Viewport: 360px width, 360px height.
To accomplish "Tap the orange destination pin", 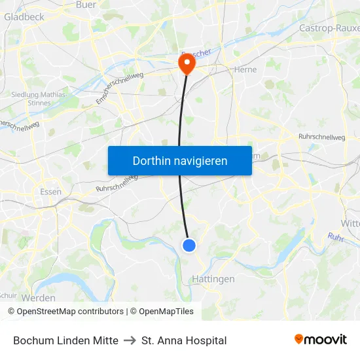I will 187,63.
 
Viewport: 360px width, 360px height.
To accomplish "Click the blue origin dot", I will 189,245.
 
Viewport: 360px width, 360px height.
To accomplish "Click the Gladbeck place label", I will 24,17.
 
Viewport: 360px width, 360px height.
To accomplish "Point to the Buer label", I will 86,5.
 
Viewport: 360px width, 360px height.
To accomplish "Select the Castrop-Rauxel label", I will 329,28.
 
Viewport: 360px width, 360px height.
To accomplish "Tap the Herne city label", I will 245,69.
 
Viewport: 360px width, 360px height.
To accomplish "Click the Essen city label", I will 50,192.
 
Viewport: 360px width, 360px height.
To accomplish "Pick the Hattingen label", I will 213,279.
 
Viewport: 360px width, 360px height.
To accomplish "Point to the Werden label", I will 39,298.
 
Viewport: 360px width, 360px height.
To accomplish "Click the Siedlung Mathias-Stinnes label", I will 39,98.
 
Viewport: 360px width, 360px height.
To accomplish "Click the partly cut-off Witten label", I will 350,223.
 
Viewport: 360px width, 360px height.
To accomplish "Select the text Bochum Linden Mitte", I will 65,340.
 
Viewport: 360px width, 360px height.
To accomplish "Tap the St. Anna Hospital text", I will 184,340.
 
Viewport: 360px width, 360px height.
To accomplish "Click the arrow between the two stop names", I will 130,340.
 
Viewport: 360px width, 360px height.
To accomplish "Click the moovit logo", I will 321,339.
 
